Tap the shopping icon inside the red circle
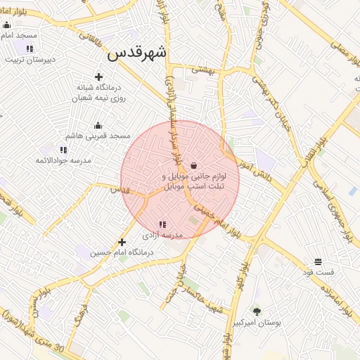(x=193, y=165)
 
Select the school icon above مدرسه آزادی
(x=162, y=224)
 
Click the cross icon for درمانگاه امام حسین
(x=122, y=241)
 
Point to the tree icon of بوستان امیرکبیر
(x=257, y=311)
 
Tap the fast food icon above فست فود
(x=319, y=262)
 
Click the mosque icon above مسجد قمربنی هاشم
(x=97, y=125)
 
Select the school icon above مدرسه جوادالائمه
(x=63, y=150)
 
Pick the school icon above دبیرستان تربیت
(x=30, y=49)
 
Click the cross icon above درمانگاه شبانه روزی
(x=98, y=77)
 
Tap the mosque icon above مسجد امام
(x=6, y=25)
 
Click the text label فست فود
(x=319, y=272)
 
